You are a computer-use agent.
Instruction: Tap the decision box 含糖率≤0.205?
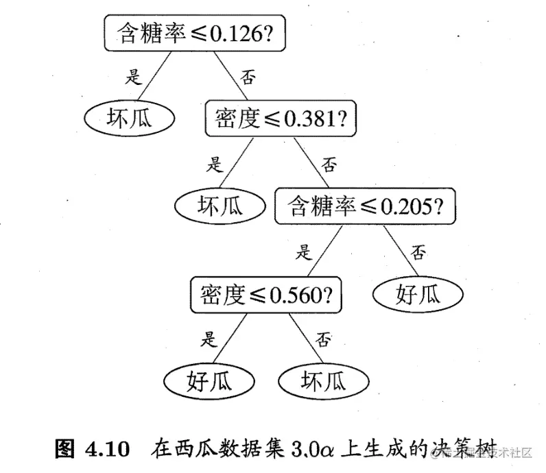(x=366, y=206)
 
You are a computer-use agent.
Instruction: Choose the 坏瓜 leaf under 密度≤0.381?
(x=220, y=206)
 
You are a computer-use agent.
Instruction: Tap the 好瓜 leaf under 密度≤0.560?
(x=209, y=380)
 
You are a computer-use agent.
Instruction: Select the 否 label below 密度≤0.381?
(x=330, y=165)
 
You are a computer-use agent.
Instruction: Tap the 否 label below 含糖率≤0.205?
(x=418, y=253)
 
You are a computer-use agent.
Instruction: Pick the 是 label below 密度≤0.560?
(x=209, y=338)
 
